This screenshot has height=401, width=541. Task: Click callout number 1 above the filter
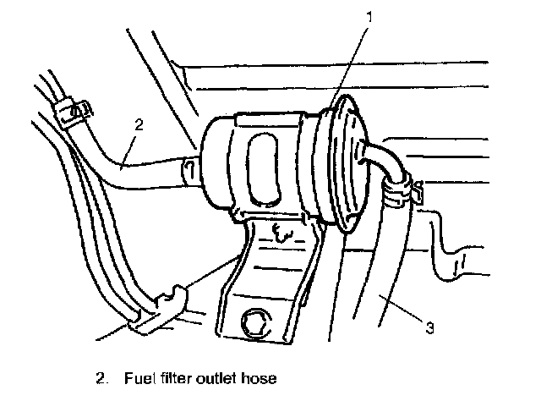coord(369,17)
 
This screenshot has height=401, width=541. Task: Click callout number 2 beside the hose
coord(139,124)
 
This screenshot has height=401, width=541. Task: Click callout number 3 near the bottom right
coord(429,327)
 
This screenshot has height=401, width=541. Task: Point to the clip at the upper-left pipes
coord(74,113)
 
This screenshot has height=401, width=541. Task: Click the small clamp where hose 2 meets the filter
coord(189,169)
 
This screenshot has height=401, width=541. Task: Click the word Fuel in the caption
coord(139,378)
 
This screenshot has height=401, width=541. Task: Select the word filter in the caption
coord(175,378)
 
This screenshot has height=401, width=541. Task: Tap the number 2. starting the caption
coord(101,378)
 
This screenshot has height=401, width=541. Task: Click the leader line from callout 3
coord(402,308)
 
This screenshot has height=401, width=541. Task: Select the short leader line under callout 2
coord(128,151)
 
